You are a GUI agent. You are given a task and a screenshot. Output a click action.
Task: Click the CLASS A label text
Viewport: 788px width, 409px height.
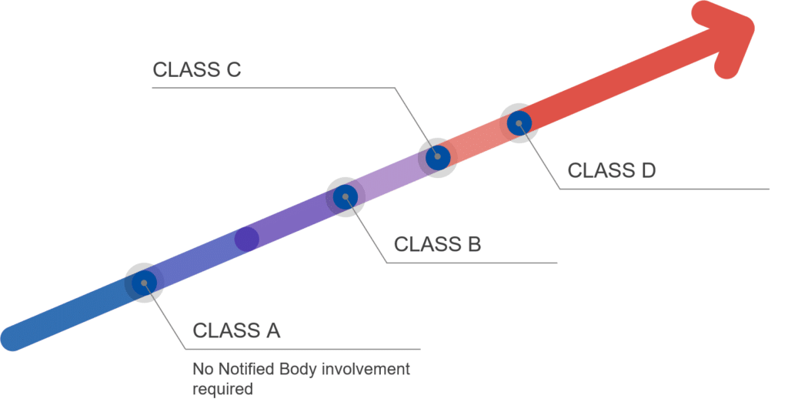236,330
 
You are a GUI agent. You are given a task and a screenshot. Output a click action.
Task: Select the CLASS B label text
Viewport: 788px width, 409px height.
437,244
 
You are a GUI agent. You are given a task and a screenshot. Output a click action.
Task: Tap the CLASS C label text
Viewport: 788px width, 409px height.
197,69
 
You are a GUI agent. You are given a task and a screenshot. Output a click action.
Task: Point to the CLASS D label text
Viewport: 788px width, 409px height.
612,170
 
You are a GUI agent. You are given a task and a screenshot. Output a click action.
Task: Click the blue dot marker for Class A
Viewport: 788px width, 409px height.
143,283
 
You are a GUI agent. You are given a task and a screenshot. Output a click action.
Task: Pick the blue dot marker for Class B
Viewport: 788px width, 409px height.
345,196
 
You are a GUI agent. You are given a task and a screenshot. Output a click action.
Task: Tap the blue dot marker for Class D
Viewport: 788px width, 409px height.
519,122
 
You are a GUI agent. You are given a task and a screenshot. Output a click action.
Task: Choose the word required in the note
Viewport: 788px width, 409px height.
222,389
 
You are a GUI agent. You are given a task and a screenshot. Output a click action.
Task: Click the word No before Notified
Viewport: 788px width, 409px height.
202,370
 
